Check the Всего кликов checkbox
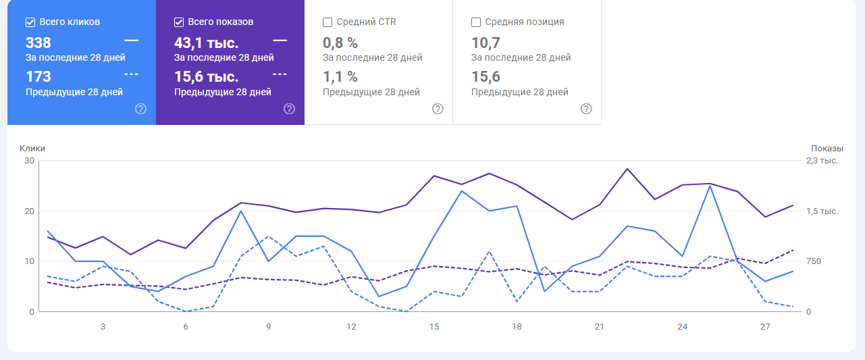click(x=30, y=22)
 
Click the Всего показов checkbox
click(x=179, y=22)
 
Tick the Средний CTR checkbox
click(x=327, y=22)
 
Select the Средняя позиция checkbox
click(x=476, y=22)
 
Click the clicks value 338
click(x=38, y=43)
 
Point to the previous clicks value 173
click(x=38, y=76)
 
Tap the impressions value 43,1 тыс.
click(x=206, y=43)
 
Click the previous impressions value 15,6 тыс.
click(x=206, y=76)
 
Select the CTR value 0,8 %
click(x=340, y=43)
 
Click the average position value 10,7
click(x=486, y=43)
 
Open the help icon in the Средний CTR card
click(x=438, y=109)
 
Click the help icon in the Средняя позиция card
click(x=586, y=109)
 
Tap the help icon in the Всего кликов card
click(x=140, y=109)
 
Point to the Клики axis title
click(x=32, y=148)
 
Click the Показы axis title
click(x=827, y=148)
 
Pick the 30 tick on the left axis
click(x=28, y=161)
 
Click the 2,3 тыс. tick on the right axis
click(x=822, y=161)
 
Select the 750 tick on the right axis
click(x=813, y=261)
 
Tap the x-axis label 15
click(x=434, y=327)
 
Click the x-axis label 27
click(x=765, y=327)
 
